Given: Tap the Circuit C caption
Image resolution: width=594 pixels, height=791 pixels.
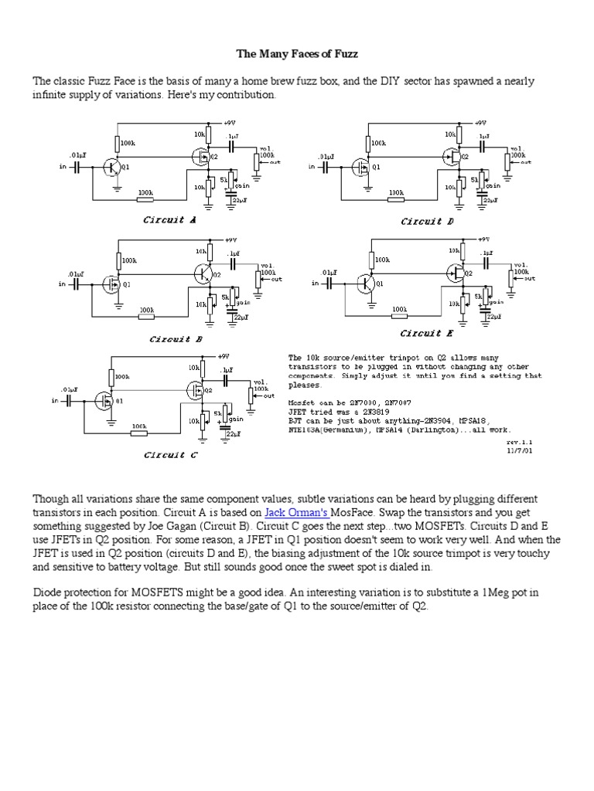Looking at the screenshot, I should (171, 455).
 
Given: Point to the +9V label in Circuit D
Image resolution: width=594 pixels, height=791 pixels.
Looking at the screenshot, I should (480, 123).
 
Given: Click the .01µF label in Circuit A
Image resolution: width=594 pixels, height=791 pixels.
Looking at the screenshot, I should (77, 155).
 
